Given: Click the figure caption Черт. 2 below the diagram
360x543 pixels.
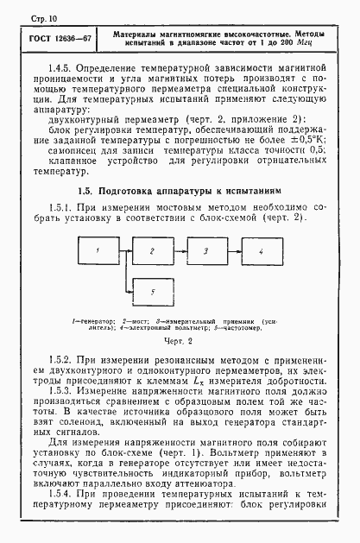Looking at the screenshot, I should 180,342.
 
